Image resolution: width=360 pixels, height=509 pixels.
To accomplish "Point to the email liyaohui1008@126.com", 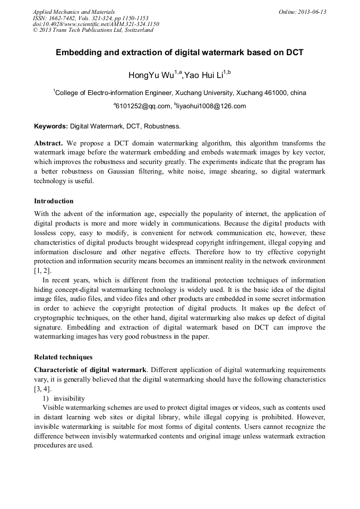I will pyautogui.click(x=211, y=106).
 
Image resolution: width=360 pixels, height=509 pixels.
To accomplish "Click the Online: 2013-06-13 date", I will pyautogui.click(x=302, y=12).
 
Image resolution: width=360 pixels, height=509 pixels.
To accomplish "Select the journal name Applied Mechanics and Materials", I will pyautogui.click(x=73, y=12).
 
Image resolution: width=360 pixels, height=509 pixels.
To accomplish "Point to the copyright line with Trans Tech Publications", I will pyautogui.click(x=93, y=30).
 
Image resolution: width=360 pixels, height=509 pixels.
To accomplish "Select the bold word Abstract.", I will pyautogui.click(x=48, y=143).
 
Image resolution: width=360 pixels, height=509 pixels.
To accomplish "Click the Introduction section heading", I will pyautogui.click(x=54, y=201).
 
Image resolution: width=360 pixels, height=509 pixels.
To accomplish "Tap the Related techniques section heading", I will pyautogui.click(x=63, y=357).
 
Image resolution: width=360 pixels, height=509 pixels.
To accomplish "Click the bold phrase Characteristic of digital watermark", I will pyautogui.click(x=90, y=369).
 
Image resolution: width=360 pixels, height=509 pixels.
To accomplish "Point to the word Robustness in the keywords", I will pyautogui.click(x=163, y=126).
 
